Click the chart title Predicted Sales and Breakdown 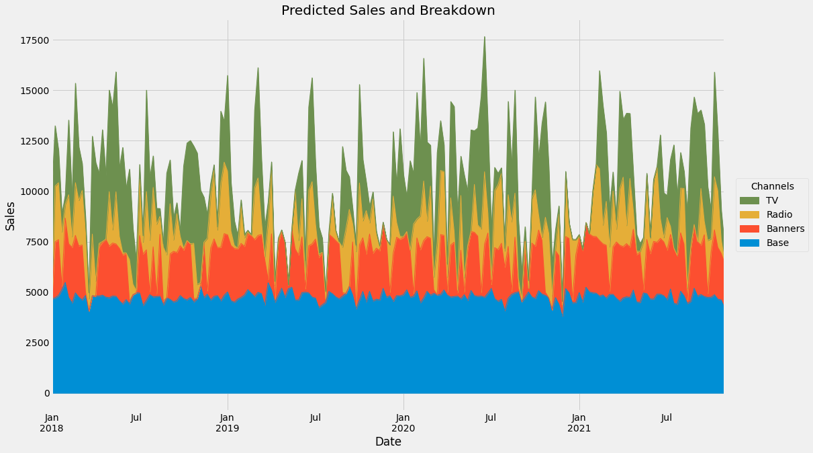(388, 11)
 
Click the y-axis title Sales (11, 216)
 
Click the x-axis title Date (388, 442)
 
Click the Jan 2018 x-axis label (53, 423)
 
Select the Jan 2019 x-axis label (228, 423)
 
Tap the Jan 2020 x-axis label (403, 423)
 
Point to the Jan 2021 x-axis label (579, 423)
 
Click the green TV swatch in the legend (749, 200)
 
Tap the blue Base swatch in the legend (749, 243)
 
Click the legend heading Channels (772, 186)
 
